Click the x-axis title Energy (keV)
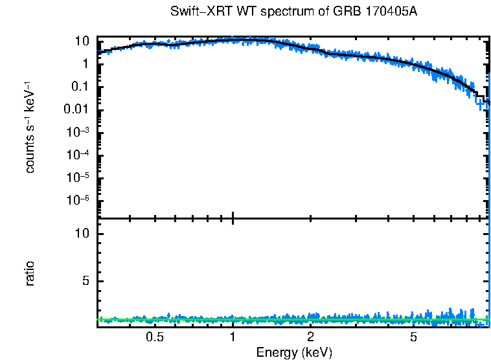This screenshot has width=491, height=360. tap(294, 352)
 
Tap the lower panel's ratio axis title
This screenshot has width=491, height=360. tap(30, 273)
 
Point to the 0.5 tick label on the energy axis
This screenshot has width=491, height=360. tap(154, 337)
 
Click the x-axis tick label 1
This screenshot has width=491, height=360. tap(233, 337)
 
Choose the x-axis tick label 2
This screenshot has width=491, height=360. tap(311, 337)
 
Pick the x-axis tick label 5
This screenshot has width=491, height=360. tap(414, 337)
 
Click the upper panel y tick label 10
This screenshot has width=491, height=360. tap(82, 41)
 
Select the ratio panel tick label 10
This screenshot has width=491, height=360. tap(82, 234)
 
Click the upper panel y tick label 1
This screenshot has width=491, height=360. tap(85, 64)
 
